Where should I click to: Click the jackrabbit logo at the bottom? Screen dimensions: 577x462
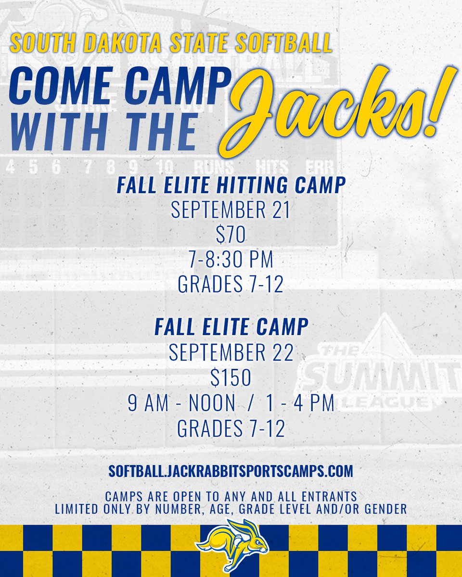click(232, 545)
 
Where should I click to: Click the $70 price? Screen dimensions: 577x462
click(231, 236)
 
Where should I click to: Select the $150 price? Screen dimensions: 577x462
click(231, 378)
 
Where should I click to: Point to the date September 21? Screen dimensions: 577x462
click(231, 211)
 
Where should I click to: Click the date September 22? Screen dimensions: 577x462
click(231, 353)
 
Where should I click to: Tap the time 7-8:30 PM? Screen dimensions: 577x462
click(231, 260)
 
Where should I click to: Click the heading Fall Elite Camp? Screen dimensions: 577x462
click(231, 327)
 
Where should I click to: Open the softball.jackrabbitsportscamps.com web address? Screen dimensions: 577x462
click(231, 471)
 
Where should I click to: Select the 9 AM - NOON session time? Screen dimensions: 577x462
click(181, 404)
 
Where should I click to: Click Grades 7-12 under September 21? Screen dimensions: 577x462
click(231, 285)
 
